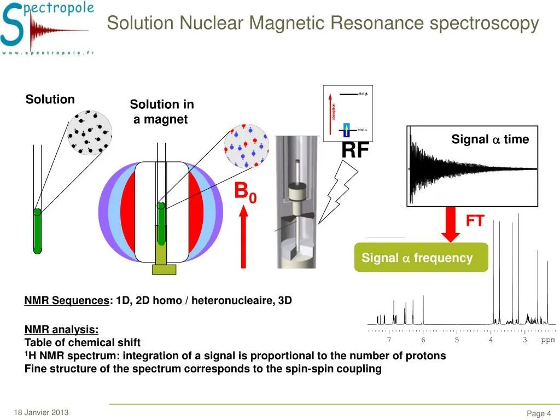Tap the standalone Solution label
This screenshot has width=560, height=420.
50,100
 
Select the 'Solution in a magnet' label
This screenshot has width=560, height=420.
162,112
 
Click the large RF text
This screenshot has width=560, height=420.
355,150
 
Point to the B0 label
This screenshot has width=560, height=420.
245,192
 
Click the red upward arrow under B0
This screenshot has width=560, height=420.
243,238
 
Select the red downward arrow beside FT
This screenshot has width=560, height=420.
451,224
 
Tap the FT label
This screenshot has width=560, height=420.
475,221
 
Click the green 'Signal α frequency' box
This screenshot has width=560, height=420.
421,258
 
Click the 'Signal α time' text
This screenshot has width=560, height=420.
490,139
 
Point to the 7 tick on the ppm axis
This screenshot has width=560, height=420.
389,340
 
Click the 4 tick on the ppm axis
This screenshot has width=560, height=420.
491,340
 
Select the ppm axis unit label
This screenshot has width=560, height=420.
548,340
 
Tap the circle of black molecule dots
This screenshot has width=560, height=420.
90,133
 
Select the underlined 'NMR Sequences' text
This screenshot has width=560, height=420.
67,301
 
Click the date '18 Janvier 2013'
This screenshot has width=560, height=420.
42,412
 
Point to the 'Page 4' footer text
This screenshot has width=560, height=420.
538,413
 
